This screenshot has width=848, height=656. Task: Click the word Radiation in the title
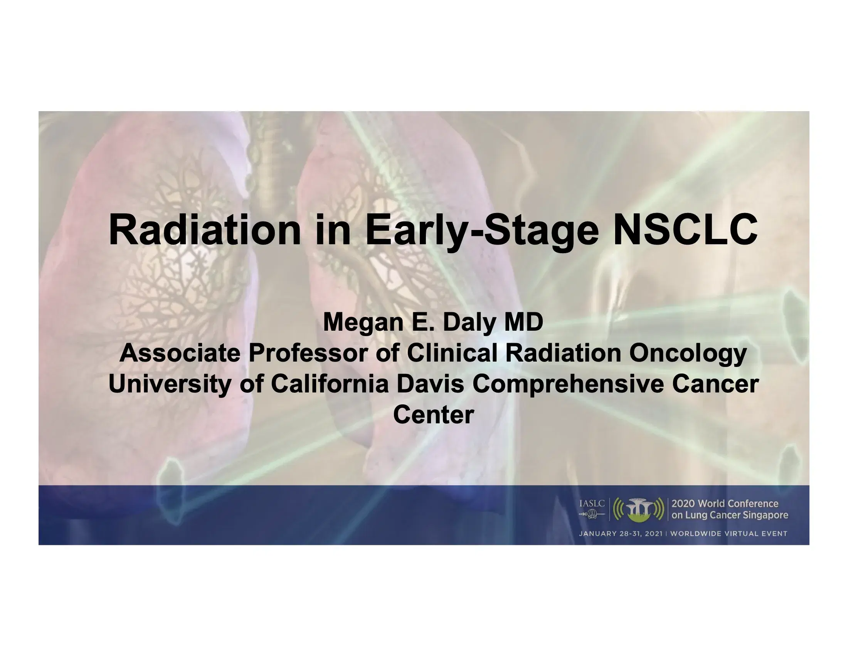pyautogui.click(x=204, y=230)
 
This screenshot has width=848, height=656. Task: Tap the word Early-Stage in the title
pyautogui.click(x=482, y=230)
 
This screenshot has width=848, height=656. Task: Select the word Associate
pyautogui.click(x=180, y=353)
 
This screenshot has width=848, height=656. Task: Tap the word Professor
pyautogui.click(x=308, y=353)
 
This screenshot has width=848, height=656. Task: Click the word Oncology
pyautogui.click(x=688, y=353)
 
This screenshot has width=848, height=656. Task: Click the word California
pyautogui.click(x=330, y=384)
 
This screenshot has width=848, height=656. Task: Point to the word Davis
pyautogui.click(x=430, y=384)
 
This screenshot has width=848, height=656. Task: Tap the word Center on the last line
pyautogui.click(x=433, y=415)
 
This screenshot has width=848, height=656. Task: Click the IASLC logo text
pyautogui.click(x=592, y=504)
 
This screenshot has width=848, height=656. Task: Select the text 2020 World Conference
pyautogui.click(x=725, y=504)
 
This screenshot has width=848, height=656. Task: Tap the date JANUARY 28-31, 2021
pyautogui.click(x=621, y=534)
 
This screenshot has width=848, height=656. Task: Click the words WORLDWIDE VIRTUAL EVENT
pyautogui.click(x=729, y=534)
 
